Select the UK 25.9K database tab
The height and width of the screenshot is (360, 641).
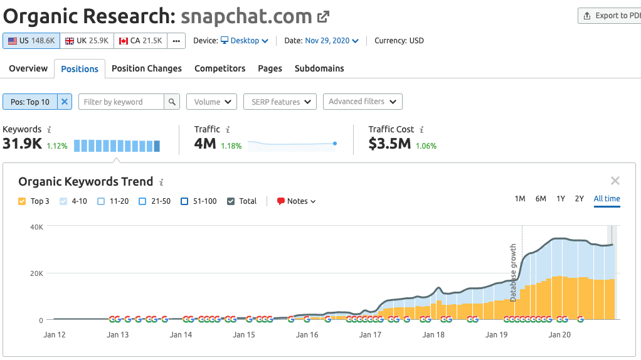87,41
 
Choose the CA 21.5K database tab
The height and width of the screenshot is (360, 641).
141,41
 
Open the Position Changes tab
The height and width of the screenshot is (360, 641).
146,68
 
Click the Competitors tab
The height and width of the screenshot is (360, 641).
220,68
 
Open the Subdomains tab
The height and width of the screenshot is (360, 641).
319,68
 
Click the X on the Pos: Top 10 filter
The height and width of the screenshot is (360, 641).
65,102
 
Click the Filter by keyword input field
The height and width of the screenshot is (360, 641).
121,102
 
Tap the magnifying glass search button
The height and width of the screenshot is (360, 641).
172,102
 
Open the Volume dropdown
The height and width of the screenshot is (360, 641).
211,102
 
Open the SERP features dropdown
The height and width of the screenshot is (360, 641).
280,102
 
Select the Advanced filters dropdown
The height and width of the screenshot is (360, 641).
363,102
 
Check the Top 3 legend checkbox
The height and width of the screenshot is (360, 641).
22,201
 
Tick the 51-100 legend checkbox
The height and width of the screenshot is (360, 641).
184,201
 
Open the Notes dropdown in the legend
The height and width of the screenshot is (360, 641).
297,201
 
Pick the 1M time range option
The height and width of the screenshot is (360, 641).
520,199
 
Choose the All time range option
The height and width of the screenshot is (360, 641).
607,199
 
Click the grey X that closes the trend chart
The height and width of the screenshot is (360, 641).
615,181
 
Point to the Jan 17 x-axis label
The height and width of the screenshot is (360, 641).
370,335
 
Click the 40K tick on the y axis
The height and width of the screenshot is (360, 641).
36,226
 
